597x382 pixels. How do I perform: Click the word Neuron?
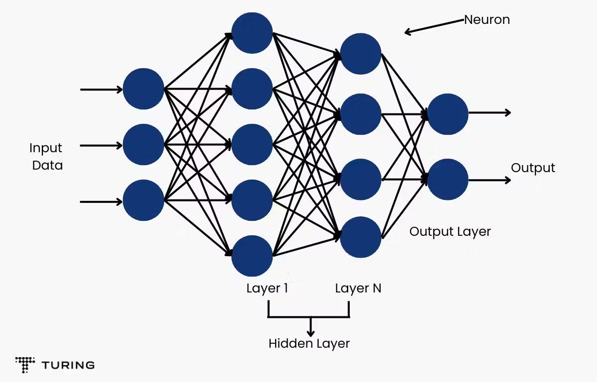487,20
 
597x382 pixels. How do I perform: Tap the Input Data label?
46,157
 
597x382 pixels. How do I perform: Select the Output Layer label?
450,232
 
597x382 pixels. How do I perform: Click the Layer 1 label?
267,288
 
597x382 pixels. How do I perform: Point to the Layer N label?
358,288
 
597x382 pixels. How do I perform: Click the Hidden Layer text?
309,344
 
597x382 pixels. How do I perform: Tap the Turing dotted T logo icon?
25,365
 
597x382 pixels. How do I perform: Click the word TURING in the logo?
68,365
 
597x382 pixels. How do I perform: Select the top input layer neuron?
143,89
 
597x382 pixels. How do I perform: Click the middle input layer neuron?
143,144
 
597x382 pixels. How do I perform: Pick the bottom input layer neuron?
143,200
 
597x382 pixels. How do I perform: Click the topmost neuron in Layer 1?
252,33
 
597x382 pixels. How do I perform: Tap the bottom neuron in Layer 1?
252,256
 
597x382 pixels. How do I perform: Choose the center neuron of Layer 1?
252,144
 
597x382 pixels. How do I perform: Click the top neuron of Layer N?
361,54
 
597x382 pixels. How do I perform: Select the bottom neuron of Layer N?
361,237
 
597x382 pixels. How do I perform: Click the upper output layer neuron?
448,114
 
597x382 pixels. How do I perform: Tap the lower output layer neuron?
448,179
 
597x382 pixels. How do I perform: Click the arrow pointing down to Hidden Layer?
310,326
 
